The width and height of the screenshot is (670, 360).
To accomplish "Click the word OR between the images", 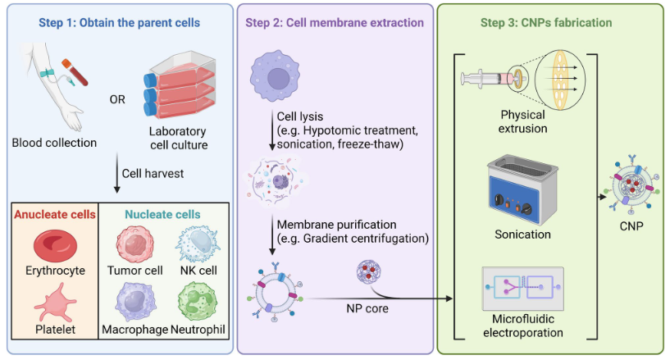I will click(x=118, y=100).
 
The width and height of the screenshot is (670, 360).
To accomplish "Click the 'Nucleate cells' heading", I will click(x=162, y=215).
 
